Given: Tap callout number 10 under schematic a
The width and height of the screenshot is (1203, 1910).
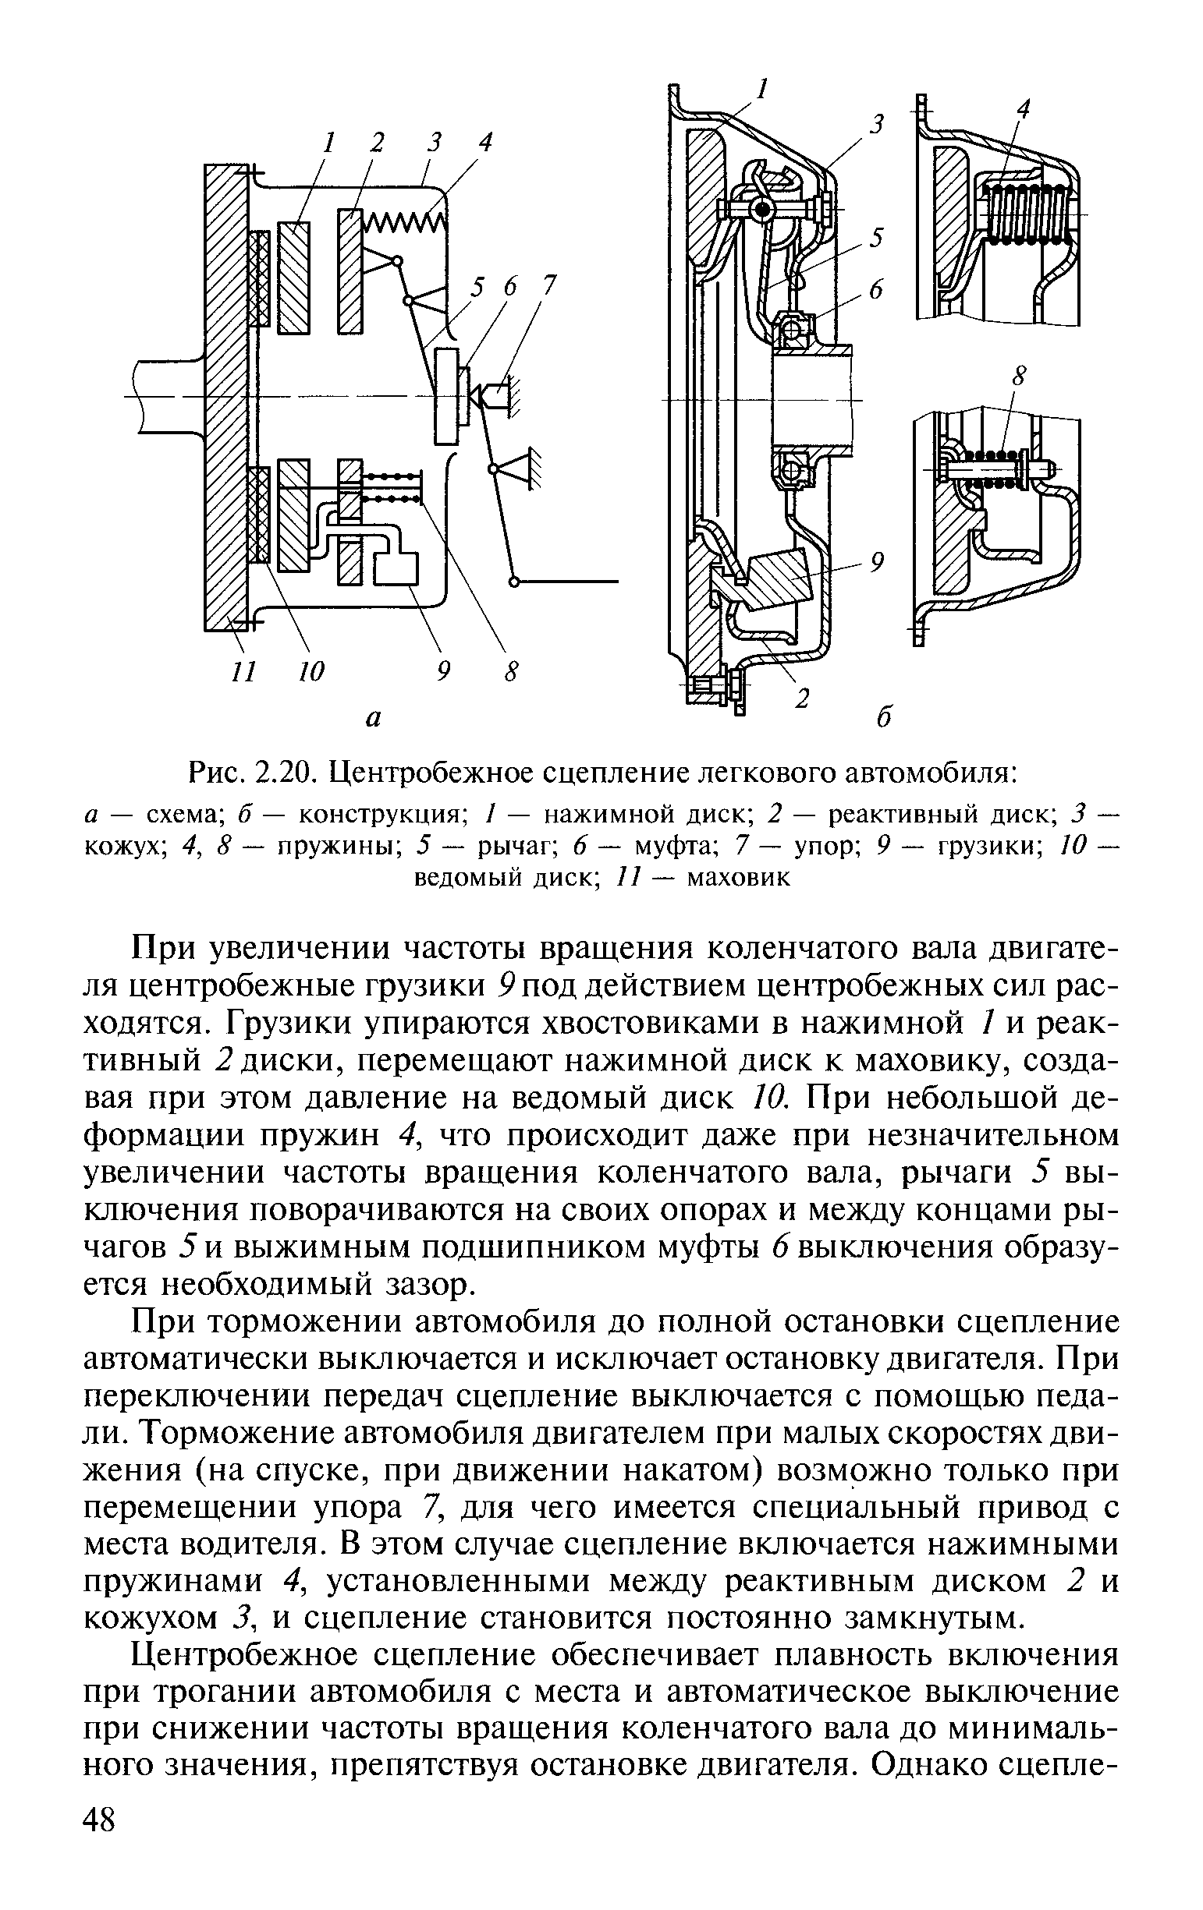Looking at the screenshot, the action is [x=312, y=673].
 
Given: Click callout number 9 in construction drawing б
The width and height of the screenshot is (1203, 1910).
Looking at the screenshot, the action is [x=877, y=562].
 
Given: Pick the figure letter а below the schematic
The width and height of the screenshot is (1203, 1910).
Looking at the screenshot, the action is [x=374, y=720].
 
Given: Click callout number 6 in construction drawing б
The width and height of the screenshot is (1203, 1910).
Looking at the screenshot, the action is [x=875, y=291].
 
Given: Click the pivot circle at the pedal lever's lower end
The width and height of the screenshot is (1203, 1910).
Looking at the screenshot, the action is [x=514, y=582].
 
